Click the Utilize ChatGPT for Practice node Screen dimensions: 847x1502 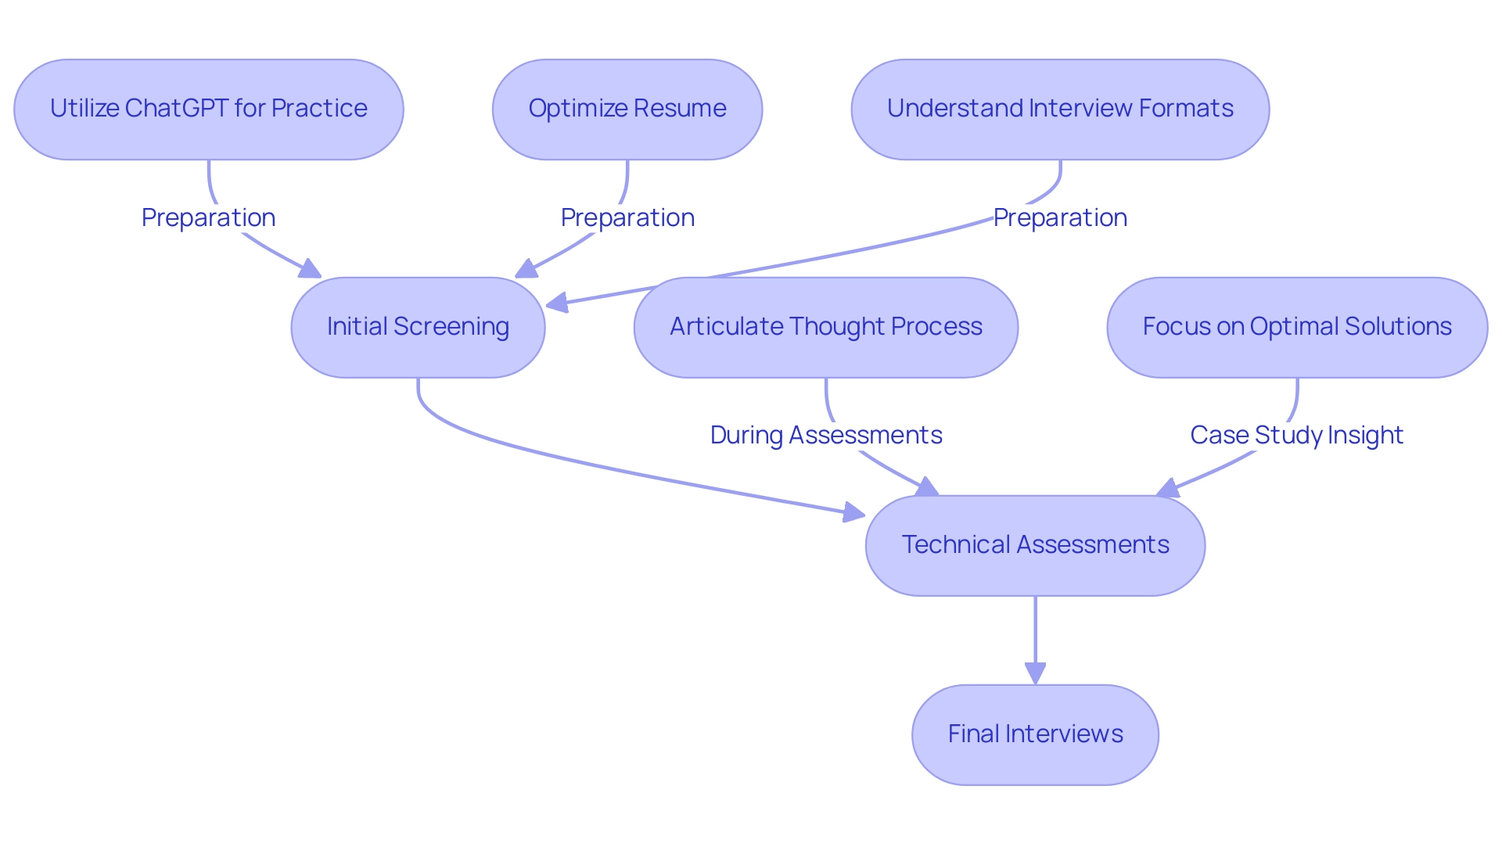click(208, 109)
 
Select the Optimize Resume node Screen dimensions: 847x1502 click(627, 109)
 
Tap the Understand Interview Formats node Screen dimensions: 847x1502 click(1059, 109)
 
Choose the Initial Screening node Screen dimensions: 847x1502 click(418, 327)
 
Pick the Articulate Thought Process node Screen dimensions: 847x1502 click(825, 327)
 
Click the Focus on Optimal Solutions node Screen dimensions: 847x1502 click(1296, 327)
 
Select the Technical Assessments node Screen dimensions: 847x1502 click(1034, 545)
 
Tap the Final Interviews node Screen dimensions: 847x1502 click(1034, 734)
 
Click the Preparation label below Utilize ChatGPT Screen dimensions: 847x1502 click(208, 217)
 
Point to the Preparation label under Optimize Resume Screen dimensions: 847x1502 click(627, 217)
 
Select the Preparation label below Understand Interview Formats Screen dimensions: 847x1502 click(1059, 217)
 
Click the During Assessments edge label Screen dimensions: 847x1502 click(825, 435)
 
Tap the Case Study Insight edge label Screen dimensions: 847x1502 click(1296, 435)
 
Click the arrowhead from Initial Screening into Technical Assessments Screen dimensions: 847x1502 click(854, 513)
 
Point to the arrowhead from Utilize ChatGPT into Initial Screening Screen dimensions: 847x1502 click(311, 270)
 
